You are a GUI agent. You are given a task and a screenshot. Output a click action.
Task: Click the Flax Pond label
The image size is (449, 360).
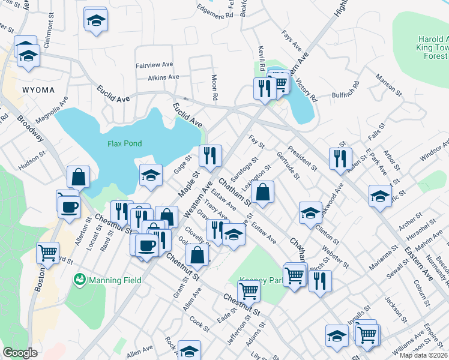point(124,143)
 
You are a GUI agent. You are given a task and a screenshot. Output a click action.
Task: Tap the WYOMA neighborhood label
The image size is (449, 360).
point(38,90)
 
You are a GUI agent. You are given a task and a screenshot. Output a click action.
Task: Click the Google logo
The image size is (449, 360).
point(20,353)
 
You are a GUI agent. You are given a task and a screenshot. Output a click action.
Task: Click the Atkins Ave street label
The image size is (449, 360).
point(163,77)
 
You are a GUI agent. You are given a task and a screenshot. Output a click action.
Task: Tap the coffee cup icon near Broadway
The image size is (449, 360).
point(68,207)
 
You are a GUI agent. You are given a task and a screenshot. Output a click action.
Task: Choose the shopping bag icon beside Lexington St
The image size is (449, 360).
point(262,193)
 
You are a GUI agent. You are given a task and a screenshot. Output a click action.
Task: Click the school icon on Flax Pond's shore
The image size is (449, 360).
point(151,175)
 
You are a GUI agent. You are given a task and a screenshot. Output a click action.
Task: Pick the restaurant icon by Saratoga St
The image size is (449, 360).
point(210,156)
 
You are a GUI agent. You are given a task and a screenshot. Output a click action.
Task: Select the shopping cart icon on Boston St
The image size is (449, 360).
point(47,253)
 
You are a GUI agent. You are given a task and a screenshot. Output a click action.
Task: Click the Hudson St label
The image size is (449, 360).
point(32,161)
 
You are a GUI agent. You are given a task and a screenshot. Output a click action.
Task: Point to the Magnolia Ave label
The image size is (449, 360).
point(51,109)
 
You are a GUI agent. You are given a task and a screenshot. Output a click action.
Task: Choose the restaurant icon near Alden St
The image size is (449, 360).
point(340,158)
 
